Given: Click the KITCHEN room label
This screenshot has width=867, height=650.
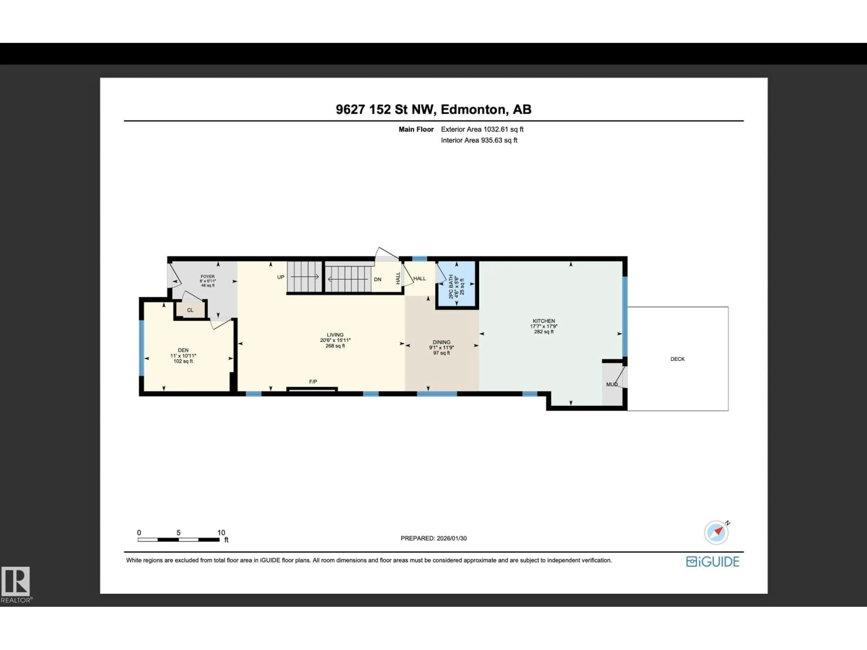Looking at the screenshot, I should [544, 321].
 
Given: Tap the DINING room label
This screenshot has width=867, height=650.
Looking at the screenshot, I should [441, 342].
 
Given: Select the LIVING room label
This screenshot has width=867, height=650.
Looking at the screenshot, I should [335, 335].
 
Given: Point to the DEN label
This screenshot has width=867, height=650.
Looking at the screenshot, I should [183, 350].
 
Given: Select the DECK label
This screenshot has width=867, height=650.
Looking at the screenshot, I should [677, 359].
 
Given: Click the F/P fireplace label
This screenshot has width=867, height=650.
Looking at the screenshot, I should [313, 382].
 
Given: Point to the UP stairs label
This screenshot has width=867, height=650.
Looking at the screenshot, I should [281, 277].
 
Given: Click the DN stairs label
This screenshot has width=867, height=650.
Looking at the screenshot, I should [378, 279].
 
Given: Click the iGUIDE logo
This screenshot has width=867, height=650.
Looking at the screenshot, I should [713, 562].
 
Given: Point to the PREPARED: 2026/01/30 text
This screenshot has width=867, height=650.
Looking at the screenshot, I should [433, 538].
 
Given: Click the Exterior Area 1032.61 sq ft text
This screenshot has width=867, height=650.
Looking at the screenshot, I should [482, 129].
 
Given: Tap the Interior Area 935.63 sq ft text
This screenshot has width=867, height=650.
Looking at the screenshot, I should [479, 140].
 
